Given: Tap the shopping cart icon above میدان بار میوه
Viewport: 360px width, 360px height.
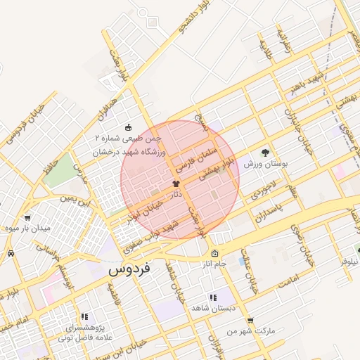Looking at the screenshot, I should point(27,217).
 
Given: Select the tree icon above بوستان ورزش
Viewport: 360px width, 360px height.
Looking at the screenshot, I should point(265,152).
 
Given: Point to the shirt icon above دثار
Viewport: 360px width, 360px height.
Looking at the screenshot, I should point(176,182).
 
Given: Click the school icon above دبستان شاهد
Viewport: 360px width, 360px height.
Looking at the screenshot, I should point(213,297).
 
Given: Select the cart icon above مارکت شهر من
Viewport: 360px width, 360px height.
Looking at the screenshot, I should point(250,321).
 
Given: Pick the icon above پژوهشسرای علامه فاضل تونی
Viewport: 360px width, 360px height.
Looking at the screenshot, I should point(85,317).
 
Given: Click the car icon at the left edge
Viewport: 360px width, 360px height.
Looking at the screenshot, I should point(11,253).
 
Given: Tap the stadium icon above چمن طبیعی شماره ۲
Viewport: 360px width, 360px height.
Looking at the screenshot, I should point(128,127).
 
